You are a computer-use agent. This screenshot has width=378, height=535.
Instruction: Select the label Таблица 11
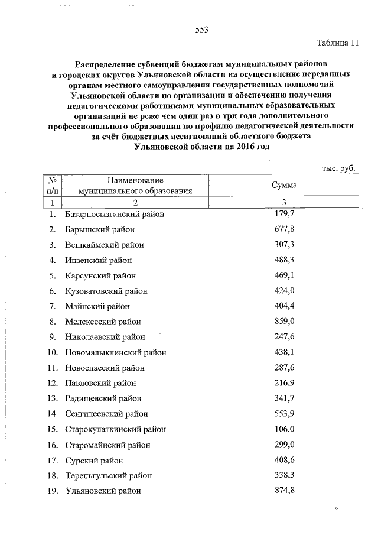337,43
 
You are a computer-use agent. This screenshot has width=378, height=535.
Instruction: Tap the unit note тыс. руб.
338,168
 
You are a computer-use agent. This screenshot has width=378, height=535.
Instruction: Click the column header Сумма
284,185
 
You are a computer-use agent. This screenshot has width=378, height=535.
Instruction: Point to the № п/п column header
52,185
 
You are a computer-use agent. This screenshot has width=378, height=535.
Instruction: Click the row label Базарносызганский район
115,214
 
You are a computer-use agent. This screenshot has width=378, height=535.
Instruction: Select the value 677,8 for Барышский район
285,229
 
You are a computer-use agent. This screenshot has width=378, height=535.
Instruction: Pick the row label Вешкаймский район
105,245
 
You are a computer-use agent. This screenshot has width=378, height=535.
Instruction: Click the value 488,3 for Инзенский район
285,260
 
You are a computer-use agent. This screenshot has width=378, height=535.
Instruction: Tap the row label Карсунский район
100,275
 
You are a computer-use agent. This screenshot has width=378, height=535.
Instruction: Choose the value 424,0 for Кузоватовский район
285,291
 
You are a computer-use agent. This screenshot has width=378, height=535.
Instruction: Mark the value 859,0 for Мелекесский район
285,322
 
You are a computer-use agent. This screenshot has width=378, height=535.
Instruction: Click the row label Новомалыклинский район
116,352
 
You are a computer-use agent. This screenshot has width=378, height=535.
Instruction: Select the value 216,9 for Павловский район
285,383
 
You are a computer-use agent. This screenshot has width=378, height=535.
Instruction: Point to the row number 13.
52,398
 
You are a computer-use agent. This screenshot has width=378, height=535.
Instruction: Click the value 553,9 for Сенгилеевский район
285,414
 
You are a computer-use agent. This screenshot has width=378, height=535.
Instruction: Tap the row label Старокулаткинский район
116,429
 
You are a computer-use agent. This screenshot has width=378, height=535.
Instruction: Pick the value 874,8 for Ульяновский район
285,491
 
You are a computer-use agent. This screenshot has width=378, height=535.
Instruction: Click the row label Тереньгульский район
109,475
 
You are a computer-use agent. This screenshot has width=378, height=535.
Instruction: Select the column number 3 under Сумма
284,203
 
